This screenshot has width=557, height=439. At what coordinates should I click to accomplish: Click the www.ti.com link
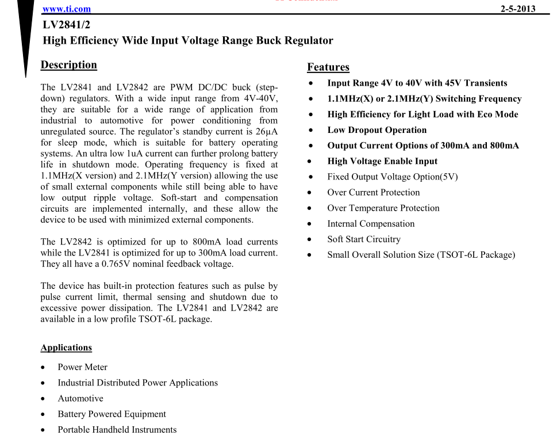tap(67, 9)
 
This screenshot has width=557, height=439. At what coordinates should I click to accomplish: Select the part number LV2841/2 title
tap(66, 25)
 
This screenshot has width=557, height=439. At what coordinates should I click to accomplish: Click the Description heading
tap(68, 64)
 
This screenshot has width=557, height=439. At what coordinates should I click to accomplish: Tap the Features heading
tap(328, 67)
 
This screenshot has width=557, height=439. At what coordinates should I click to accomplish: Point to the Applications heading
tap(66, 348)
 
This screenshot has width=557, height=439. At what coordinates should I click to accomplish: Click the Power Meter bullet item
tap(82, 367)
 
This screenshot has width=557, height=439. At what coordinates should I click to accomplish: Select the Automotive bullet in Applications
tap(80, 398)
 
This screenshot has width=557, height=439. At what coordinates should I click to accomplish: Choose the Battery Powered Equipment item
tap(112, 414)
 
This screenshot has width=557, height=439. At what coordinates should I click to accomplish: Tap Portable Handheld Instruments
tap(117, 429)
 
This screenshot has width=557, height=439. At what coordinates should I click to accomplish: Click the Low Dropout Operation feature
tap(377, 130)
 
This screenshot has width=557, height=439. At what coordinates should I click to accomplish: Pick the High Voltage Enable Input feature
tap(382, 161)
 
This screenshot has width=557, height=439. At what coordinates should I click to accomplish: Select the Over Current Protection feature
tap(373, 192)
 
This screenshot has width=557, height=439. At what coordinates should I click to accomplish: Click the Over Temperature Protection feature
tap(383, 208)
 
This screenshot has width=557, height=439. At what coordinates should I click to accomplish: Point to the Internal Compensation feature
tap(371, 223)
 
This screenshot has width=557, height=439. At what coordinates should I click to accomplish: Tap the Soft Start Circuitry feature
tap(364, 239)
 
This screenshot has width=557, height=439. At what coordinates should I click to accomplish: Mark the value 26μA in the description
tap(266, 132)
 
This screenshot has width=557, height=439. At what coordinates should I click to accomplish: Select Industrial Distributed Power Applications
tap(137, 383)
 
